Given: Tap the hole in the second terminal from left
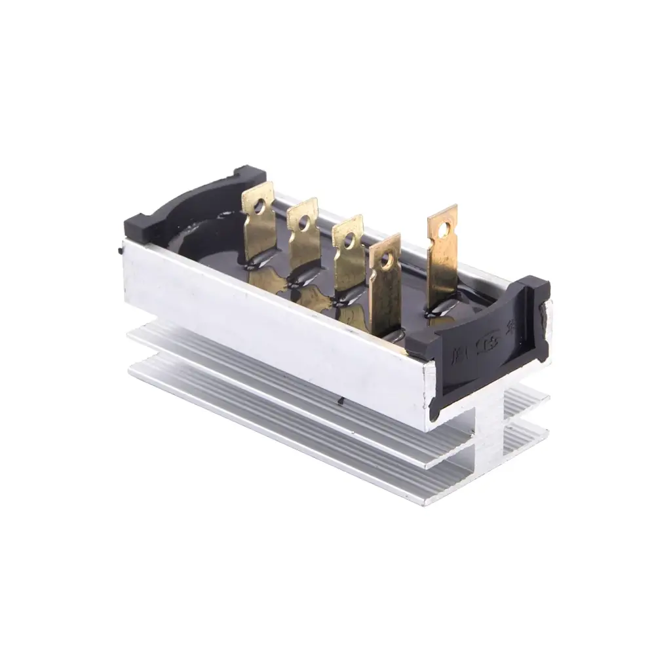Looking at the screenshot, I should tap(303, 223).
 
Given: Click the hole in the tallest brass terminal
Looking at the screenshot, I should tap(446, 229).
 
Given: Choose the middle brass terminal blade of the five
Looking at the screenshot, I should tap(347, 269).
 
